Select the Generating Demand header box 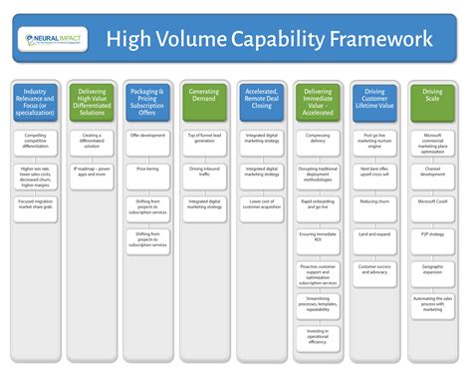tap(205, 98)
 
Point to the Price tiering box tap(147, 170)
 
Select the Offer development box tap(147, 135)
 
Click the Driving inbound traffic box tap(205, 170)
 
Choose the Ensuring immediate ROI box tap(319, 235)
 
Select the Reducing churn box tap(375, 201)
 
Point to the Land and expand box tap(375, 234)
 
